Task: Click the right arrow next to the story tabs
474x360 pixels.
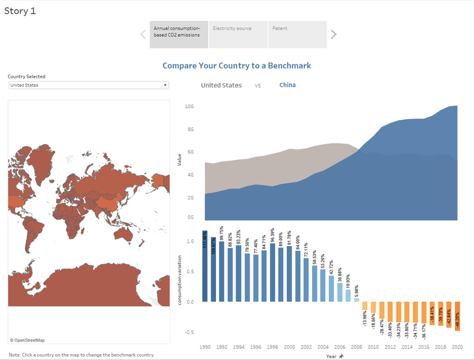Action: [x=334, y=34]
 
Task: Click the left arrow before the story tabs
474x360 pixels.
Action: [x=143, y=34]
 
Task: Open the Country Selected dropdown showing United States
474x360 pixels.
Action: [x=88, y=85]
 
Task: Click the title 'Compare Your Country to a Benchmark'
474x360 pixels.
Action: [x=236, y=66]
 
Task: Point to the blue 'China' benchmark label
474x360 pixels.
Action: [x=287, y=85]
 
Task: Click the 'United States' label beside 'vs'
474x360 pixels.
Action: [x=221, y=86]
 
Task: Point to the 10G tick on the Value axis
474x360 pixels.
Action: [x=189, y=106]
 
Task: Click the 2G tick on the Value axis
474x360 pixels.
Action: [x=189, y=197]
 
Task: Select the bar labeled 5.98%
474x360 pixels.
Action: [x=357, y=299]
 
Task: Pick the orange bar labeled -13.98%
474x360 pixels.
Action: [x=365, y=306]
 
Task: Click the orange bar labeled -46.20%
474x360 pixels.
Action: [x=456, y=316]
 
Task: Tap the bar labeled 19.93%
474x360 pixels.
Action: [x=348, y=296]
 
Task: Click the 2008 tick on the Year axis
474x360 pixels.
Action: [x=357, y=346]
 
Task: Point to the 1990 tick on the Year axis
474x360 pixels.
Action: [x=205, y=346]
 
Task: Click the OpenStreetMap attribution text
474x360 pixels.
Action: [x=28, y=340]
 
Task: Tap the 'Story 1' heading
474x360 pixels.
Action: [x=20, y=11]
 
